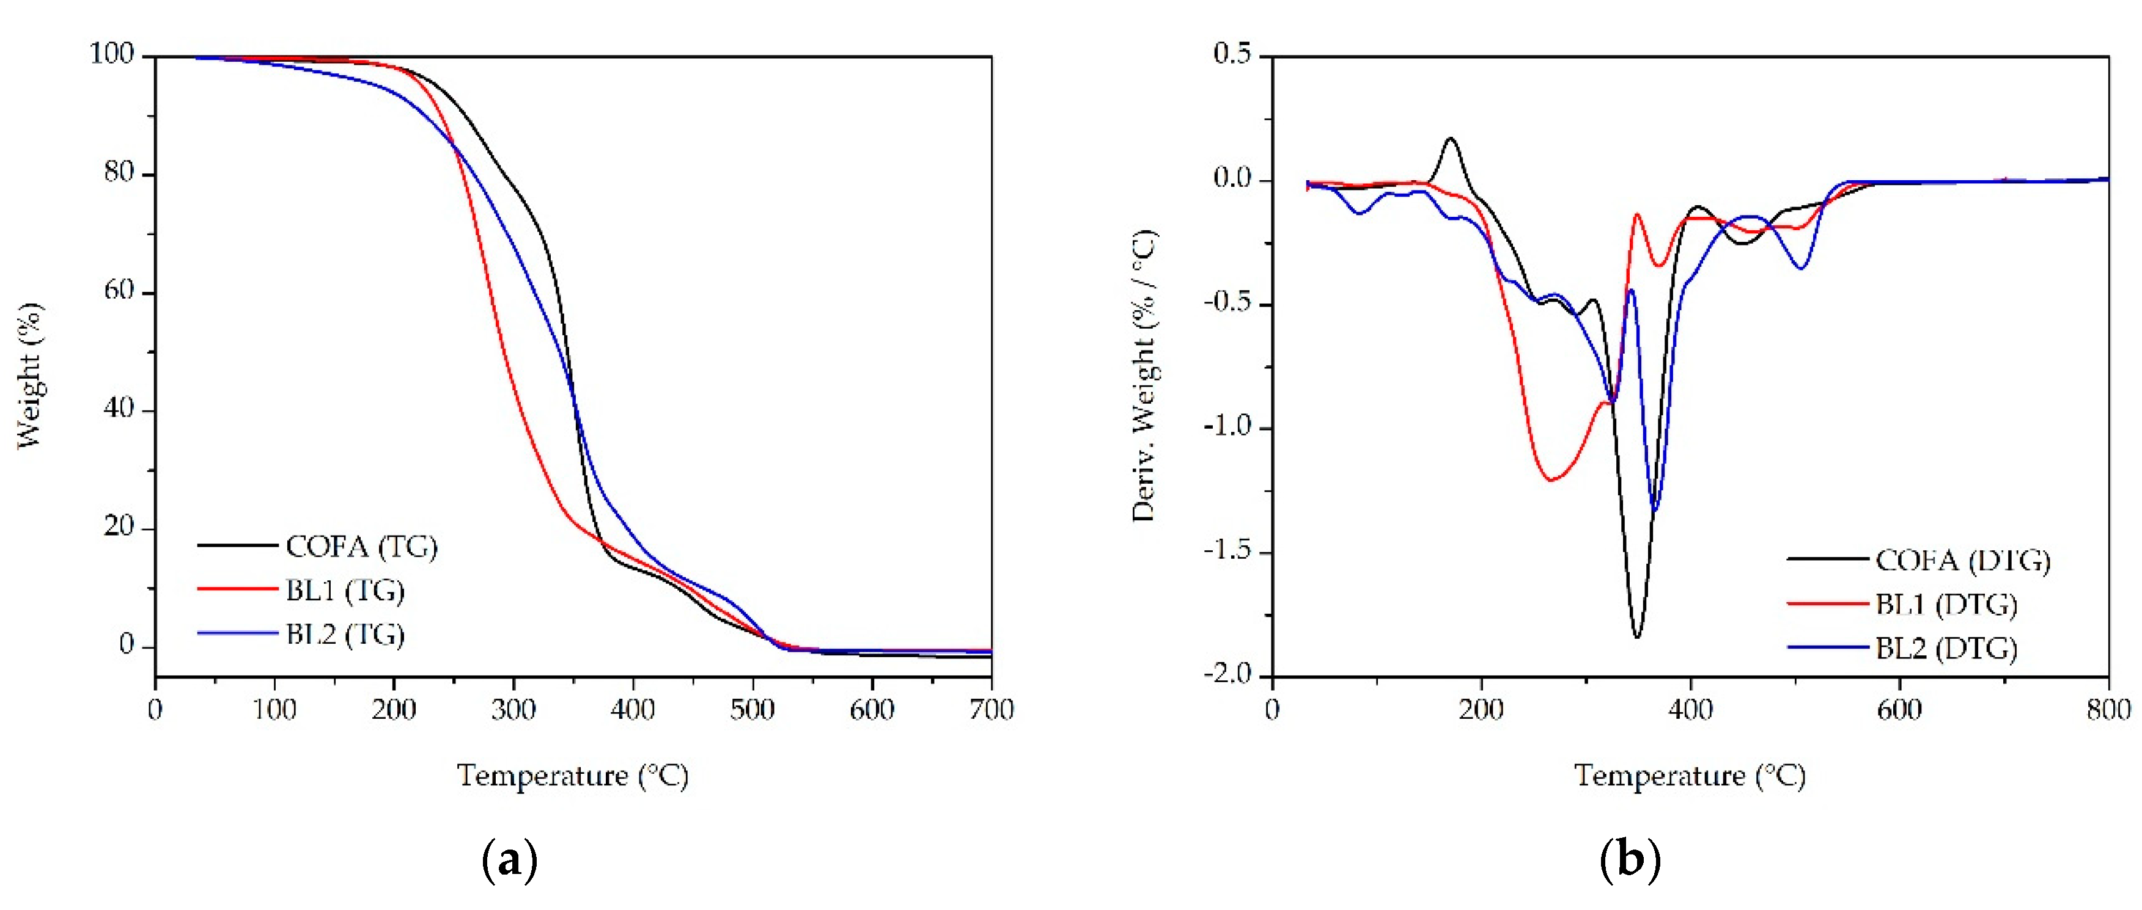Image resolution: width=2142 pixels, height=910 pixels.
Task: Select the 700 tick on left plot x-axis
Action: click(x=991, y=710)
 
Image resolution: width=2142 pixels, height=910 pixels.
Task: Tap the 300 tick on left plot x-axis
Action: click(x=513, y=710)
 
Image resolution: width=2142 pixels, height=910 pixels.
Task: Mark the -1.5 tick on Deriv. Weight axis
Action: click(x=1226, y=550)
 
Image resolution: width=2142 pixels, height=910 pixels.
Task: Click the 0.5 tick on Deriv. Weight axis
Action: click(x=1232, y=55)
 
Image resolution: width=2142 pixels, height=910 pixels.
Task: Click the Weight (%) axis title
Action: click(x=29, y=376)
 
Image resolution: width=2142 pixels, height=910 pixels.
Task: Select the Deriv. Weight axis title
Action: click(x=1144, y=376)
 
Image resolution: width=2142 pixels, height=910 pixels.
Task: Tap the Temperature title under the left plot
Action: click(x=573, y=776)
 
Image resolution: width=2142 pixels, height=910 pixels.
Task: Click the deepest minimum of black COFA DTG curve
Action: click(x=1636, y=636)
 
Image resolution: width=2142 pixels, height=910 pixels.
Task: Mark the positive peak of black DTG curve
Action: click(x=1451, y=139)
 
